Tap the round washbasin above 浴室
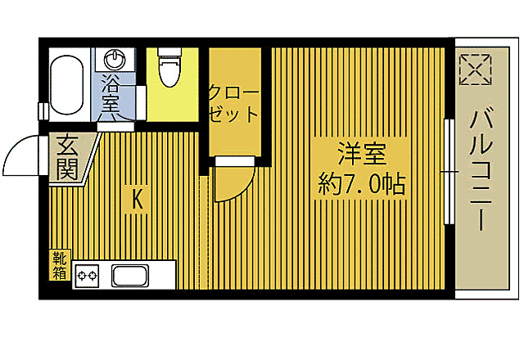[x=115, y=60]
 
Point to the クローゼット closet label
[x=233, y=101]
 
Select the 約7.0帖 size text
[x=361, y=185]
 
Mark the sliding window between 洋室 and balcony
[x=448, y=172]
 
